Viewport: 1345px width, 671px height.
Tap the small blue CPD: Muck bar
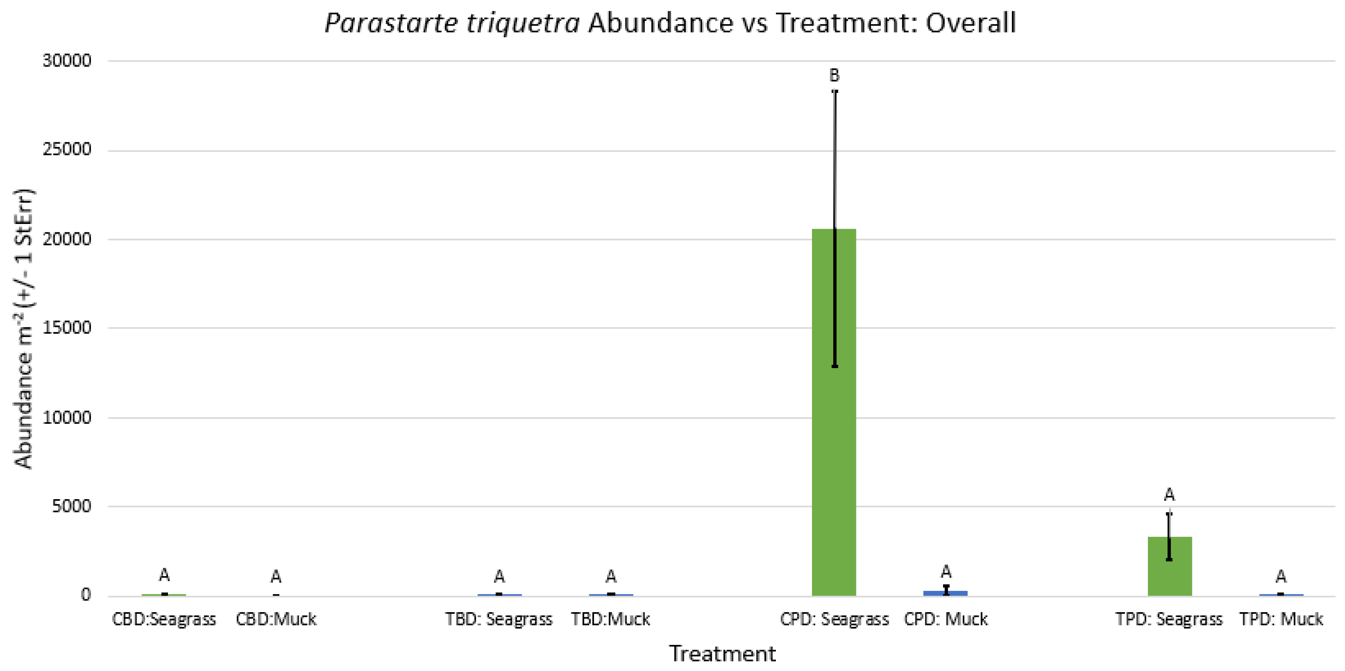point(945,593)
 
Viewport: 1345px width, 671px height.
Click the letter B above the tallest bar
point(834,76)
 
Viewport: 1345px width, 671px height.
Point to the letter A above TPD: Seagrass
point(1169,494)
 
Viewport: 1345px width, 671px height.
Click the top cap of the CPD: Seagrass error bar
point(834,91)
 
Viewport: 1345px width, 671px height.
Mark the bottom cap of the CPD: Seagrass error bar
point(834,366)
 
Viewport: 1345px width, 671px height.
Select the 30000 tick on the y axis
point(67,60)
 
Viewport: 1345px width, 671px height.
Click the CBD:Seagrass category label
point(164,619)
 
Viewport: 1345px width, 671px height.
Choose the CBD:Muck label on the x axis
point(276,619)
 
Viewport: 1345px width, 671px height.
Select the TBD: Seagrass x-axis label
point(499,619)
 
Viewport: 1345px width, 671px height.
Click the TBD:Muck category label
point(610,619)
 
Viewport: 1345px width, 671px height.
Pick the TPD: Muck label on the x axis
point(1281,619)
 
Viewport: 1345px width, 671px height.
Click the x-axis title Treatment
point(722,653)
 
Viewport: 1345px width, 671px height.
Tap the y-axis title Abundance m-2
point(24,329)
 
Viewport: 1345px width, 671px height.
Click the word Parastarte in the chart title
point(390,24)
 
